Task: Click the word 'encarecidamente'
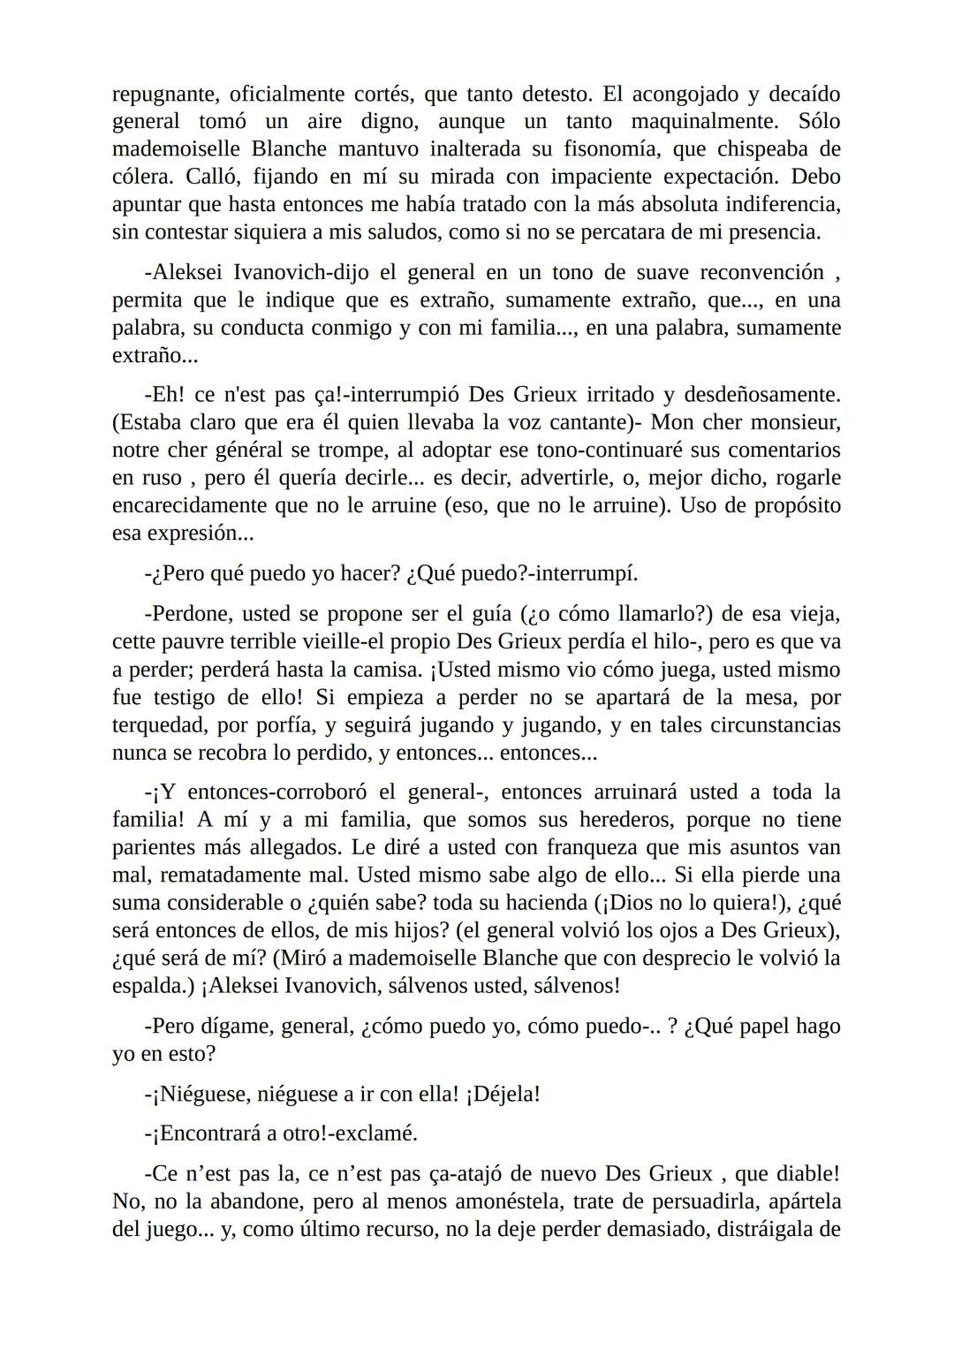(x=181, y=505)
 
